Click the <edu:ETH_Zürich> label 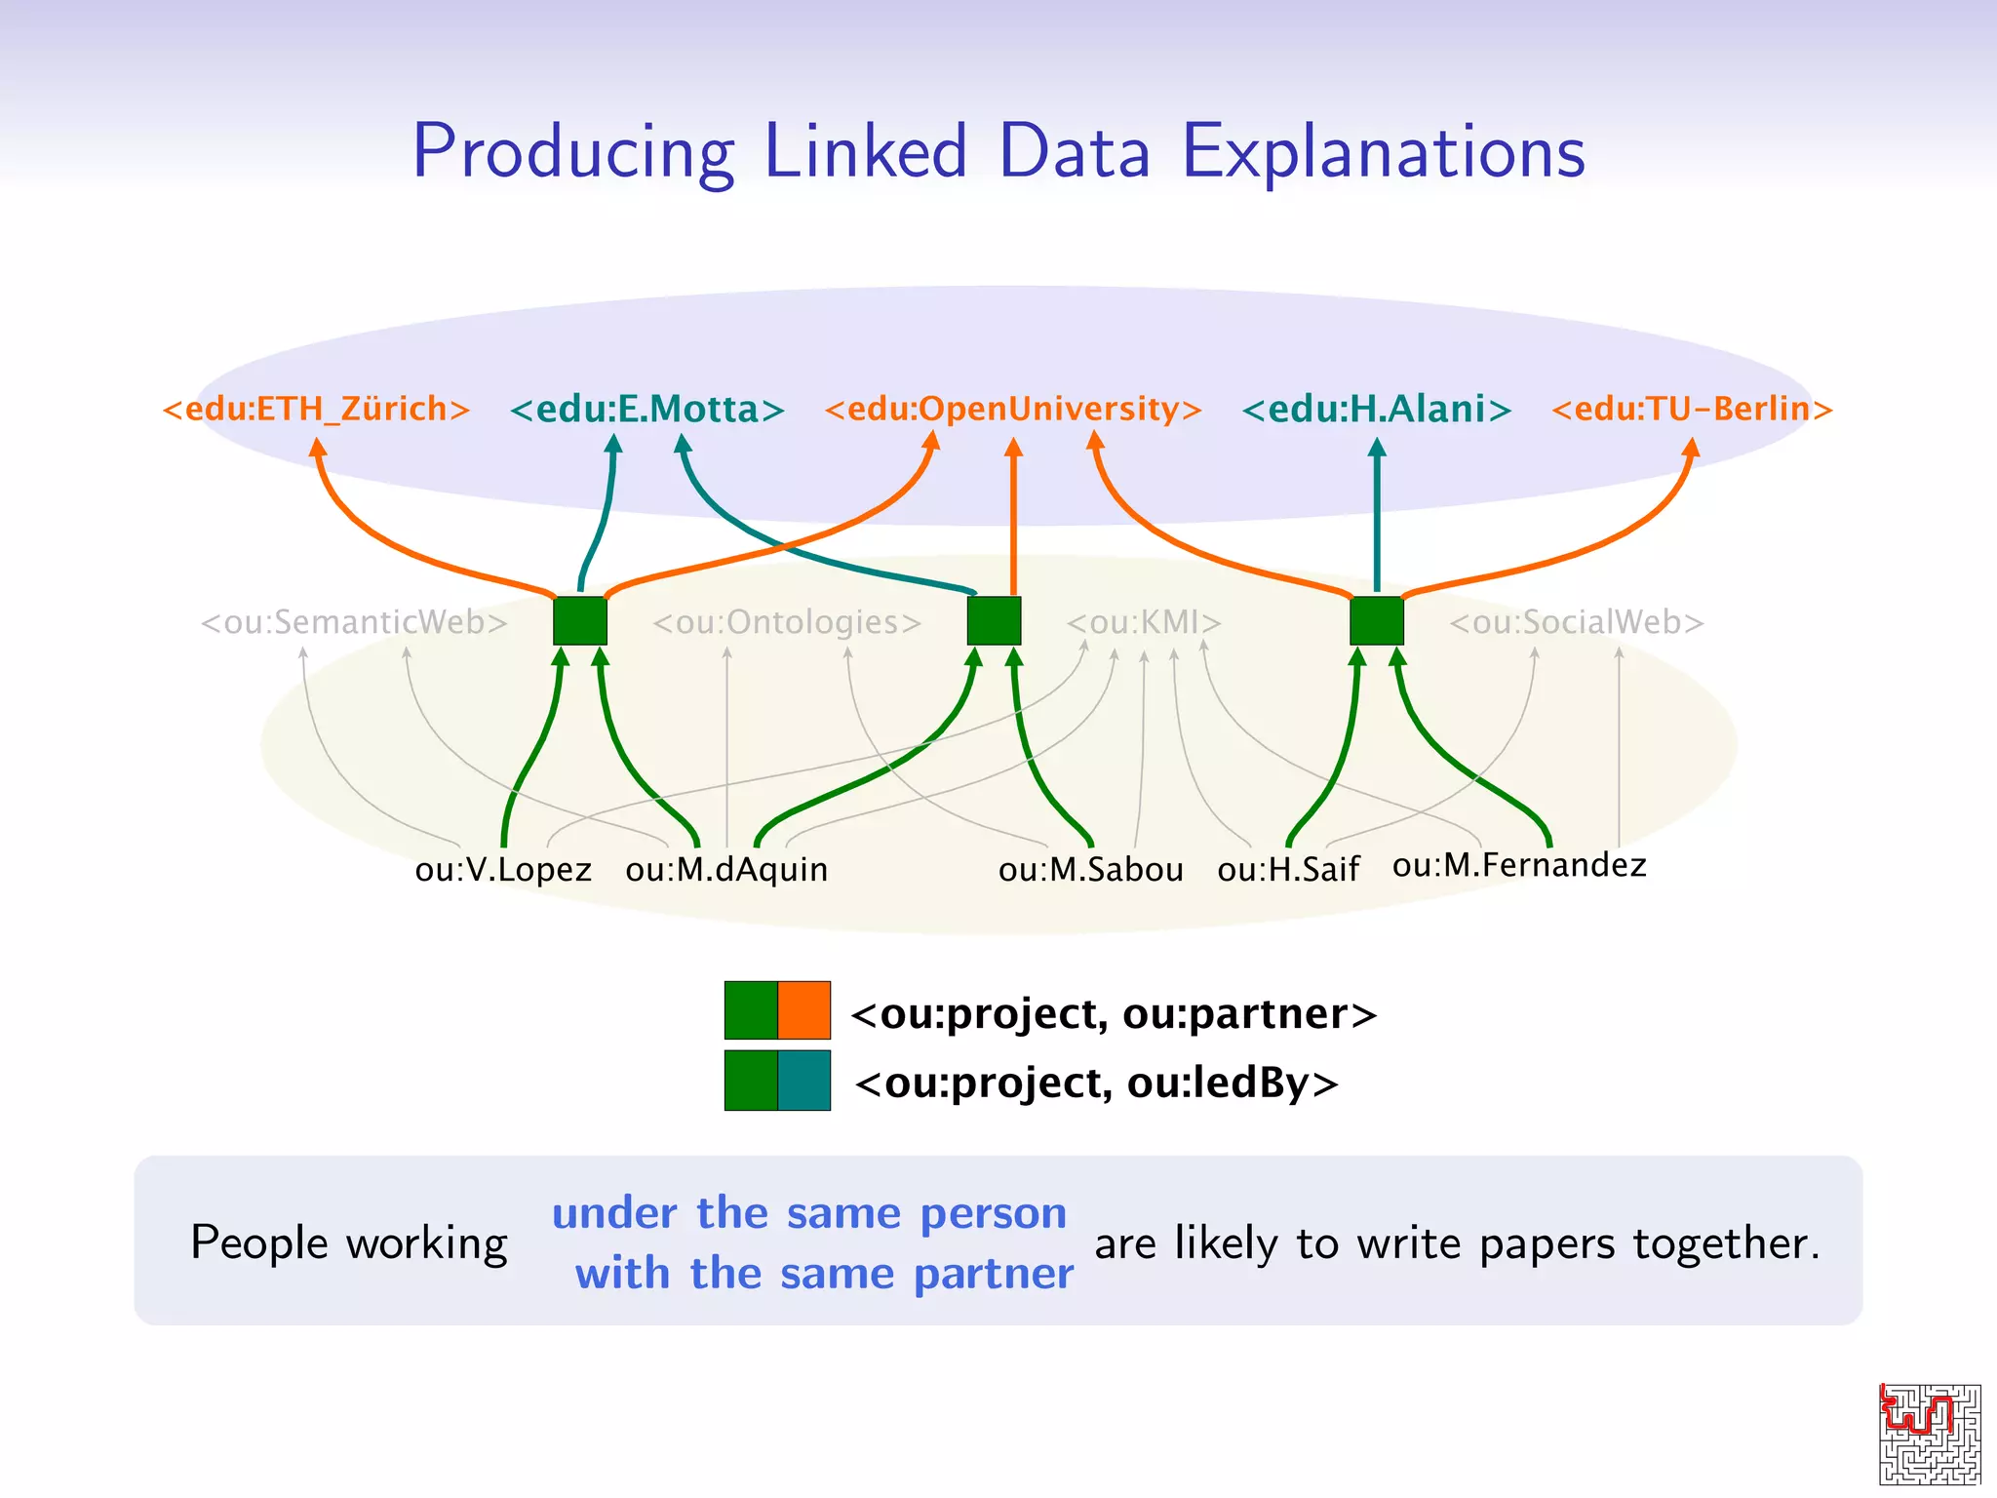[316, 409]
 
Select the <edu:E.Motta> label [646, 409]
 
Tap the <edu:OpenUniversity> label [1012, 409]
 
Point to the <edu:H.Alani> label [1376, 409]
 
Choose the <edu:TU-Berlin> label [1692, 409]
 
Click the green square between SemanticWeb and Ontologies [580, 621]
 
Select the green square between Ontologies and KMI [994, 621]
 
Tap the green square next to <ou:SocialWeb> [1376, 621]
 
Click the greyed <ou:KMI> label [1143, 622]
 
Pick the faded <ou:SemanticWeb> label [354, 622]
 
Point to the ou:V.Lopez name [503, 869]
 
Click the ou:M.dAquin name [726, 869]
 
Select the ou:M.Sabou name [1090, 869]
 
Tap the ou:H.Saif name [1287, 869]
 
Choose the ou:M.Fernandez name [1518, 865]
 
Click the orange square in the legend [804, 1010]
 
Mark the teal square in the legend [804, 1081]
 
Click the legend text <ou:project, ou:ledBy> [1096, 1083]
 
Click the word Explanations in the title [1383, 152]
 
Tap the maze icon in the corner [1930, 1434]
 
